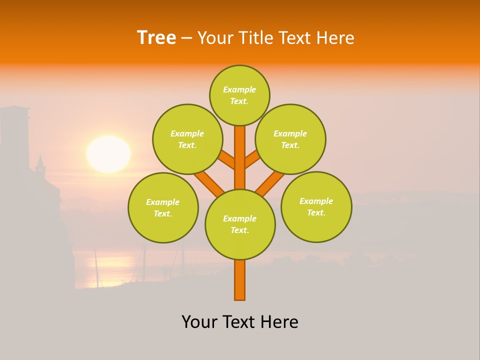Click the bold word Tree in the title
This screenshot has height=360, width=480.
coord(156,37)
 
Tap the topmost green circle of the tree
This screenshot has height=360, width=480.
coord(239,95)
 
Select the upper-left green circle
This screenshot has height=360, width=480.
coord(187,139)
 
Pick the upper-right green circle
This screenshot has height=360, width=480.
coord(290,139)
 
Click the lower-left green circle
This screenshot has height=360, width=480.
coord(163,207)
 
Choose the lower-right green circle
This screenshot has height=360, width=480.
coord(316,206)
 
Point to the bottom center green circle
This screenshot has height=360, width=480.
coord(240,224)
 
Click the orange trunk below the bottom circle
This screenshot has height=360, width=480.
coord(239,280)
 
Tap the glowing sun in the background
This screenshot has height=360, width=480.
coord(108,154)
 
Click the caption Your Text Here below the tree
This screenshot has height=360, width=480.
coord(240,322)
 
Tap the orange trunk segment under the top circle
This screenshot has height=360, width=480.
coord(239,150)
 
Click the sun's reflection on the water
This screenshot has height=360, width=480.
coord(107,270)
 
